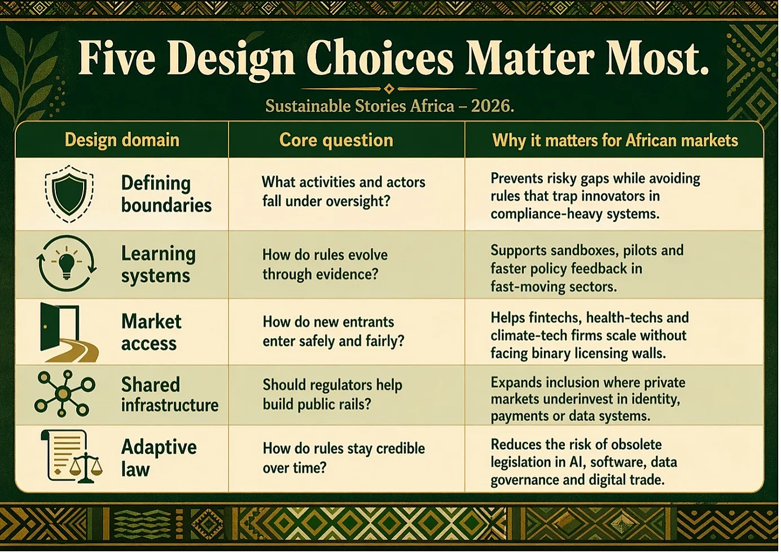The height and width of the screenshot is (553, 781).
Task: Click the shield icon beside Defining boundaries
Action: click(69, 194)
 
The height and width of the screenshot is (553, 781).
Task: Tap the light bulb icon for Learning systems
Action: click(67, 263)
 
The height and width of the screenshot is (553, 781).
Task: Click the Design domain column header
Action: click(122, 140)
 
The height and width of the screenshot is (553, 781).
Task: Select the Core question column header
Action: click(336, 140)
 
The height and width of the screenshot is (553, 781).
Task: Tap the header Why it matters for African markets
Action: click(615, 140)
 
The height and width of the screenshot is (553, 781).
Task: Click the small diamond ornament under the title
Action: click(389, 89)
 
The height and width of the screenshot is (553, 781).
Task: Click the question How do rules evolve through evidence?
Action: click(325, 265)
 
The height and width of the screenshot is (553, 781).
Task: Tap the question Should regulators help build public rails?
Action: click(332, 394)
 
